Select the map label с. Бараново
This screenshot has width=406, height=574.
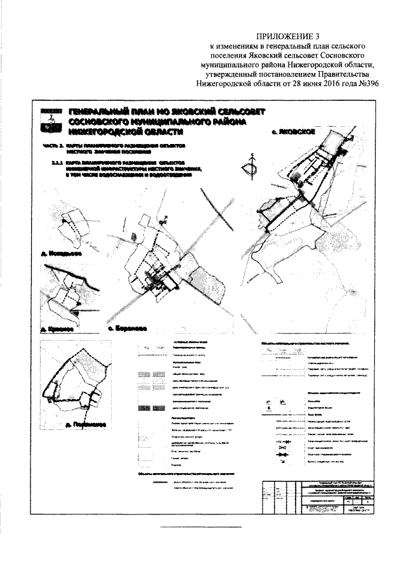(x=129, y=329)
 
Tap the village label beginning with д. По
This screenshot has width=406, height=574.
(x=81, y=424)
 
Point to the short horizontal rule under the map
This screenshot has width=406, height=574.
(x=191, y=528)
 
